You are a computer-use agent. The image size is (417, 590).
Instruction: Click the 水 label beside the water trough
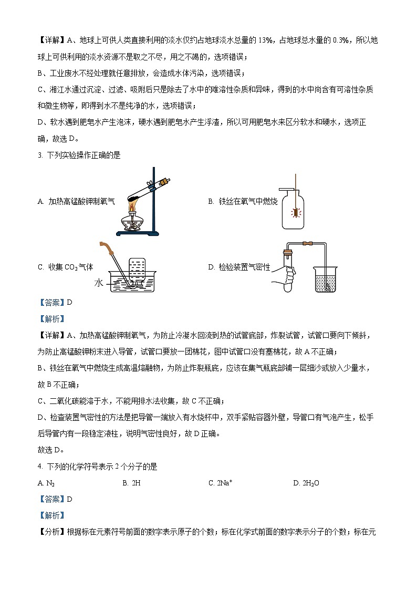[99, 284]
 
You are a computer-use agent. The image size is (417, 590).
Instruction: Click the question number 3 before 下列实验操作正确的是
[40, 155]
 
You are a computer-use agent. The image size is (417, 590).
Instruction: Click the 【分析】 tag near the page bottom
[51, 532]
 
